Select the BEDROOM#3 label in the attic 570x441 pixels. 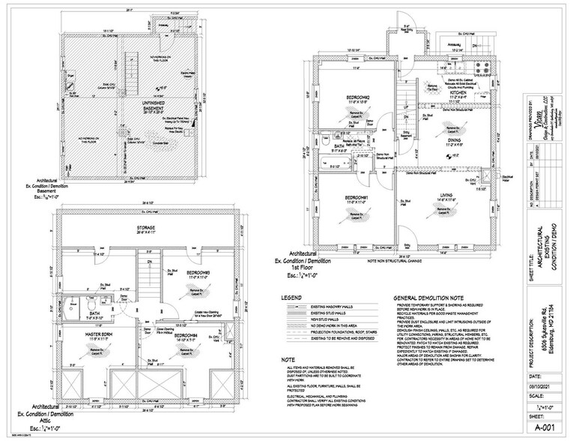pos(198,271)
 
